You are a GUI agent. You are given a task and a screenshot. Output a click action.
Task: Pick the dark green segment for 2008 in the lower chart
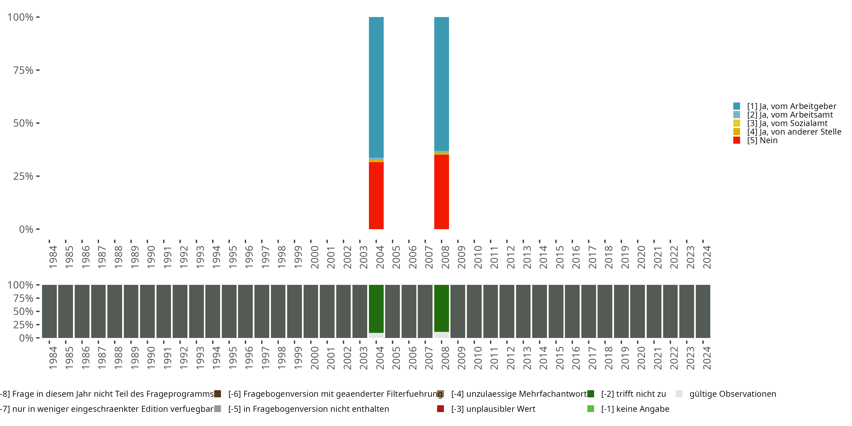[441, 308]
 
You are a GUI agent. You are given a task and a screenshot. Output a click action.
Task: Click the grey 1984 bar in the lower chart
[49, 311]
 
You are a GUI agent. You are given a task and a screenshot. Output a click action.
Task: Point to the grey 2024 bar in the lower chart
[703, 311]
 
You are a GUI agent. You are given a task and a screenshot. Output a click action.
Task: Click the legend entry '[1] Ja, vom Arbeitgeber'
[792, 106]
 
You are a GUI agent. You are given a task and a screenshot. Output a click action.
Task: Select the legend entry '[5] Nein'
[762, 140]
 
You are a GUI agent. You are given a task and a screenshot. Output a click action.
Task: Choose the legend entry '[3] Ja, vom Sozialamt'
[787, 123]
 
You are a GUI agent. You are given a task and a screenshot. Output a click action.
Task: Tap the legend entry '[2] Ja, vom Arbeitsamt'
[790, 115]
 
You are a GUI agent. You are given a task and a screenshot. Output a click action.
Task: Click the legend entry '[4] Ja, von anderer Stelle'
[794, 132]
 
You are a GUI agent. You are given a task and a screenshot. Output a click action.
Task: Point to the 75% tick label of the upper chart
[23, 70]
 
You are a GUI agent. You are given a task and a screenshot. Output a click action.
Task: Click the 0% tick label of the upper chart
[26, 229]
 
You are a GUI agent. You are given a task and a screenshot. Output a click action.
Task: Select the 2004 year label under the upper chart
[380, 257]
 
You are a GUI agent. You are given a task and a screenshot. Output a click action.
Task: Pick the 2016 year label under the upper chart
[576, 257]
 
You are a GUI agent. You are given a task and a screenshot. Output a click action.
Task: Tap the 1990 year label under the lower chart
[151, 358]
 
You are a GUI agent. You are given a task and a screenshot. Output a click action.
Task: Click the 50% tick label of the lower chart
[23, 311]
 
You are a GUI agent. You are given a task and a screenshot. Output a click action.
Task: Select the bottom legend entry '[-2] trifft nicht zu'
[633, 394]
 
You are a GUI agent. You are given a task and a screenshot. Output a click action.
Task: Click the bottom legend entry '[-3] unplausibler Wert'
[493, 409]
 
